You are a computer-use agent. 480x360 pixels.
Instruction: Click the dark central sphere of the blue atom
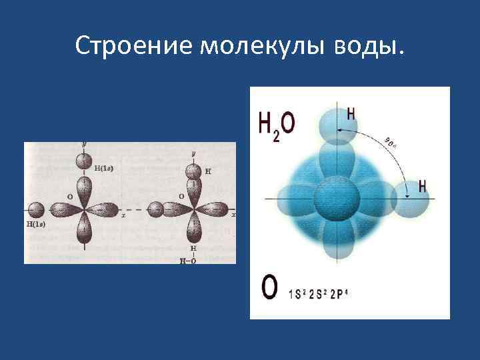(x=336, y=199)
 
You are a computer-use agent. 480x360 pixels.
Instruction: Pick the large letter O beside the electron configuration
(x=269, y=289)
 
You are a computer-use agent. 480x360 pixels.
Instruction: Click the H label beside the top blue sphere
(x=351, y=113)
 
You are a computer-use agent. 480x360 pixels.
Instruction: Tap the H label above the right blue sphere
(x=423, y=187)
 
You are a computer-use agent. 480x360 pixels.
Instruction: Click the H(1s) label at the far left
(x=36, y=225)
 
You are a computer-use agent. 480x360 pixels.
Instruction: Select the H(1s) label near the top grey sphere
(x=103, y=168)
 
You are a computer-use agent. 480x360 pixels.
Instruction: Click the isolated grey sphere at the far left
(x=37, y=210)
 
